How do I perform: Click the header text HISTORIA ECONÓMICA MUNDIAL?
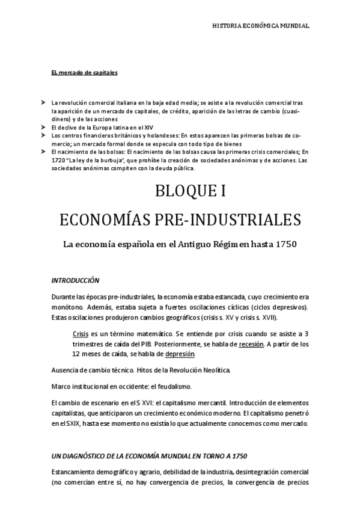(261, 26)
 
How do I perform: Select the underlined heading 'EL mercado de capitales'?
(84, 73)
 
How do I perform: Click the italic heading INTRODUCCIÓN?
(75, 280)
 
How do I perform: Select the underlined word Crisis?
(80, 333)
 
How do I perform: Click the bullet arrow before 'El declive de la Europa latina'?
(44, 127)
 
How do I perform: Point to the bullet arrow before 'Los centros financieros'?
(44, 136)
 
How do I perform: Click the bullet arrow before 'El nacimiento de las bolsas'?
(44, 152)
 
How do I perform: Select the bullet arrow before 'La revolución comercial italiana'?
(44, 103)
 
